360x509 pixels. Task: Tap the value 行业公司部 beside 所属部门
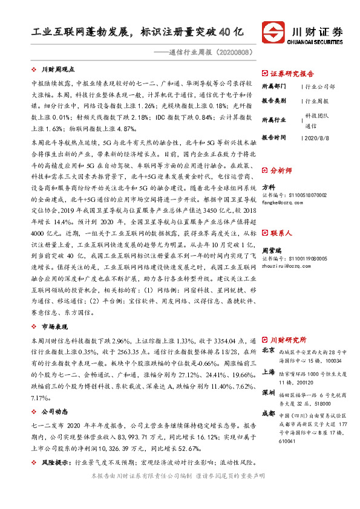(x=320, y=86)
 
